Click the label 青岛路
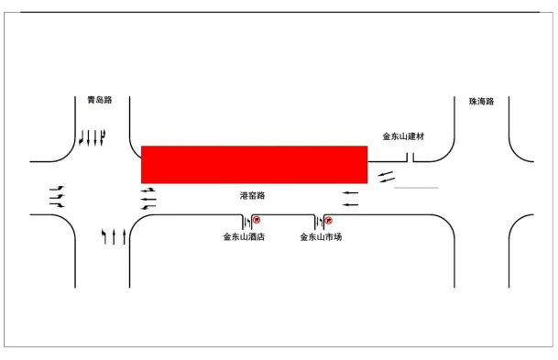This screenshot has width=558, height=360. click(98, 100)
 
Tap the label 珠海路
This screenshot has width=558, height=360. click(480, 102)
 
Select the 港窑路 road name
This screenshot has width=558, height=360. click(252, 196)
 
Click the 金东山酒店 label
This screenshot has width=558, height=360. click(244, 237)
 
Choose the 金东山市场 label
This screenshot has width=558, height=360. click(321, 237)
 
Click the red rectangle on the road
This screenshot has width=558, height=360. click(254, 164)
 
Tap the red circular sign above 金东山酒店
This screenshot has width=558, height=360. click(257, 220)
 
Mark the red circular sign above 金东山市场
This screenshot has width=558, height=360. click(328, 220)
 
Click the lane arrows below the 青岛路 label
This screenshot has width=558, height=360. click(93, 138)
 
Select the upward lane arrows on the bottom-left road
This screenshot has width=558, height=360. click(114, 237)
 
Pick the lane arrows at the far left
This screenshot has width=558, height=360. click(57, 196)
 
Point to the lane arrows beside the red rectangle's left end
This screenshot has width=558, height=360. click(148, 196)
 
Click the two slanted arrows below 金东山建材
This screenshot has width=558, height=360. click(387, 174)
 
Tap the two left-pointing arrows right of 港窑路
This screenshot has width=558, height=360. click(351, 198)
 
